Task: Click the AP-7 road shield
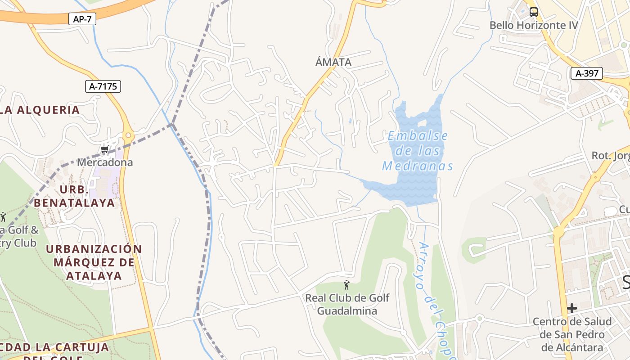click(x=82, y=19)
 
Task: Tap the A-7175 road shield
click(x=103, y=86)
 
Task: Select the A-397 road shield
click(x=586, y=73)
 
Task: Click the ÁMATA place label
click(x=333, y=62)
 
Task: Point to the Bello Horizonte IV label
click(x=533, y=25)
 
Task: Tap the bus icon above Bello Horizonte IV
click(x=533, y=12)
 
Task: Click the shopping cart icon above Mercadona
click(x=105, y=150)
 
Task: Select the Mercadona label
click(x=105, y=162)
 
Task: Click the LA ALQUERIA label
click(x=40, y=110)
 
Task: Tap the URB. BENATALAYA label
click(x=74, y=196)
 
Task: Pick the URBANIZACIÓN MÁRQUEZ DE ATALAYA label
click(x=94, y=262)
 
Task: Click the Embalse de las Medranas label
click(x=418, y=151)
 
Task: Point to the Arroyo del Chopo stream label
click(x=435, y=297)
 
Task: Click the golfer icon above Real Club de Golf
click(x=346, y=285)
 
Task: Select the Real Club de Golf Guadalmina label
click(x=347, y=304)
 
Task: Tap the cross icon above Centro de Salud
click(x=571, y=308)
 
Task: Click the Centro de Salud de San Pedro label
click(x=572, y=334)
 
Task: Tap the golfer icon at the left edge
click(x=3, y=217)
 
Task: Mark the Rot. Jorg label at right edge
click(x=610, y=156)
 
